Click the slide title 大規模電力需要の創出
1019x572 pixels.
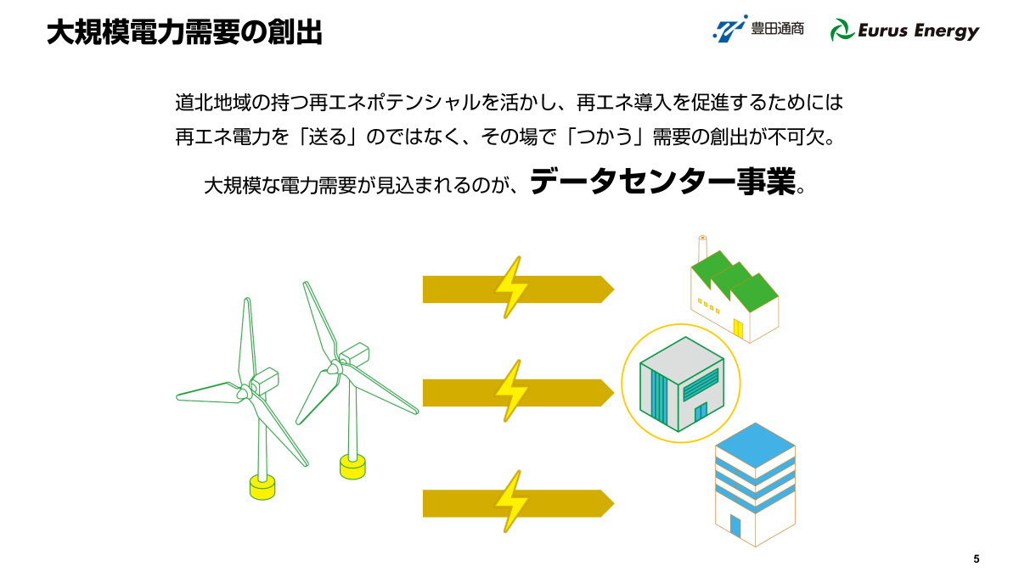tap(184, 32)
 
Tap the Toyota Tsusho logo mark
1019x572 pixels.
tap(729, 29)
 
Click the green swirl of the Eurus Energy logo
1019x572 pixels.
tap(842, 30)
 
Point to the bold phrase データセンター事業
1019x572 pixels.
tap(663, 182)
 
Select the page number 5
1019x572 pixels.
tap(977, 558)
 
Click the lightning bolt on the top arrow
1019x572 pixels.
tap(511, 288)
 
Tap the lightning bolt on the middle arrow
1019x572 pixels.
tap(511, 391)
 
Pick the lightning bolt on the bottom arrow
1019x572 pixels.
tap(511, 502)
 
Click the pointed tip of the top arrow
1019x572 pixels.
tap(614, 289)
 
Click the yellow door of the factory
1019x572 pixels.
tap(737, 328)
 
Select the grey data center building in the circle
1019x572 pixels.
tap(681, 384)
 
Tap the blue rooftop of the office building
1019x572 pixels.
tap(755, 446)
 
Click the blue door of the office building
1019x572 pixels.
tap(735, 525)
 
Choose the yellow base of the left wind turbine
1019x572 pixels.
tap(262, 487)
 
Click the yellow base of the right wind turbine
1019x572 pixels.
tap(352, 467)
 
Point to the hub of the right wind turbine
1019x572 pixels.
tap(335, 367)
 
